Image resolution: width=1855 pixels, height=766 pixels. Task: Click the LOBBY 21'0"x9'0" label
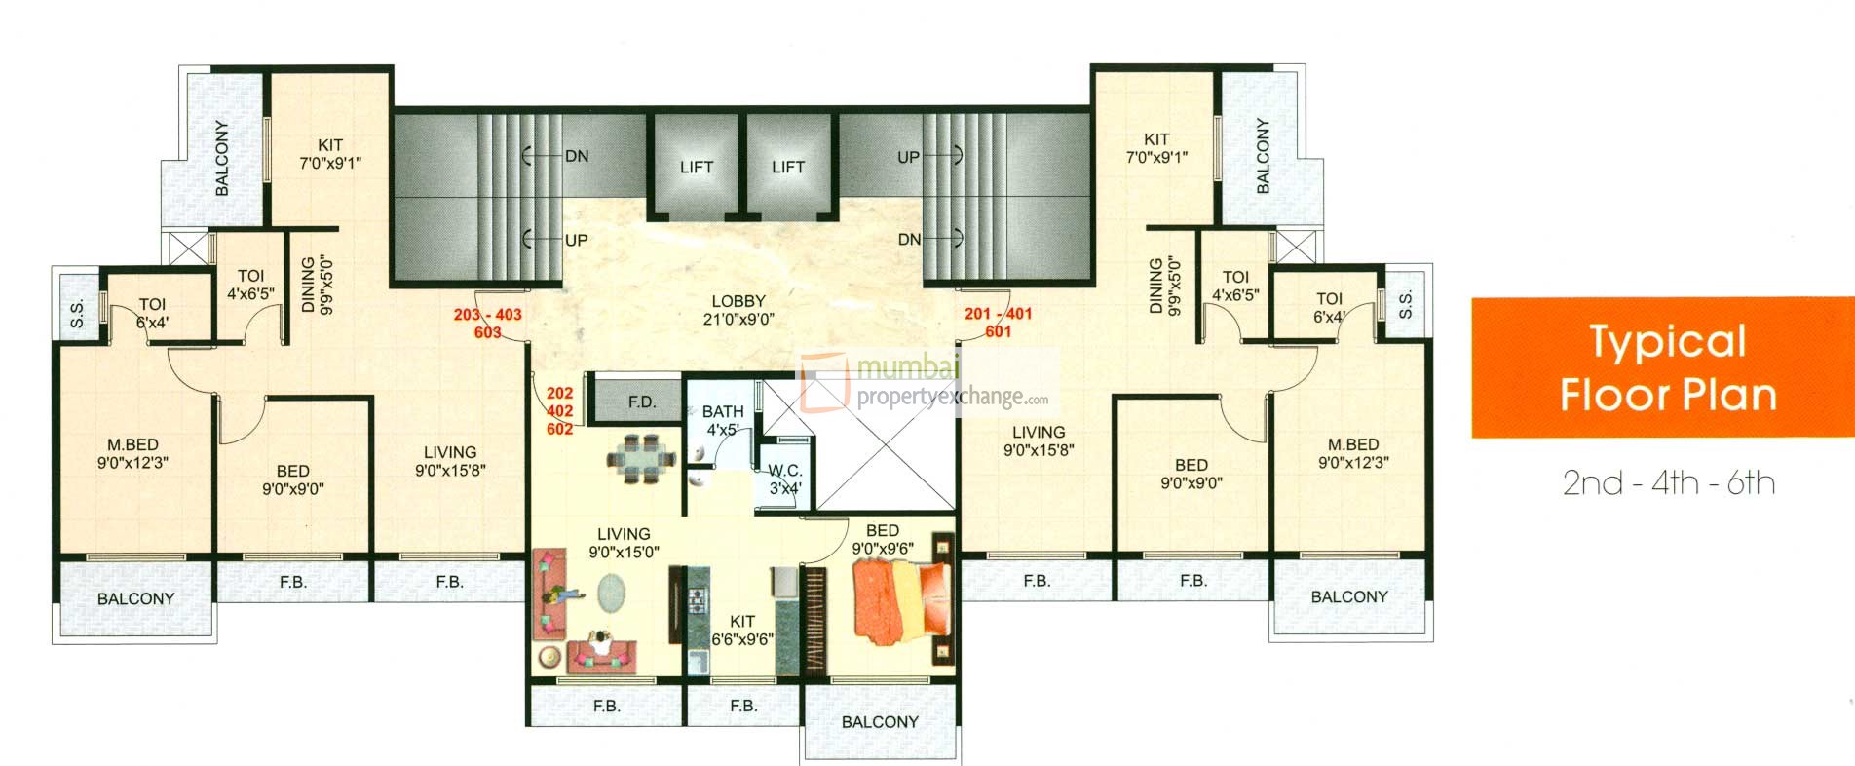[x=738, y=310]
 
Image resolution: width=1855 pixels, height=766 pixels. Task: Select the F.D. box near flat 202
[x=640, y=402]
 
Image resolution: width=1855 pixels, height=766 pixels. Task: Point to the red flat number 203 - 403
[x=487, y=315]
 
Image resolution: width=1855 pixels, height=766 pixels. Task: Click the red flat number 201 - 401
[x=998, y=314]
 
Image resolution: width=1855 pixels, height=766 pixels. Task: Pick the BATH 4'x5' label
[x=723, y=420]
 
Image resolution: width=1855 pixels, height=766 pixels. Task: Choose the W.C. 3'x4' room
[x=785, y=479]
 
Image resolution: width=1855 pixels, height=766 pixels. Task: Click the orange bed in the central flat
[x=898, y=599]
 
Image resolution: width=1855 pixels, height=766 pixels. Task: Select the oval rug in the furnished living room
[x=613, y=592]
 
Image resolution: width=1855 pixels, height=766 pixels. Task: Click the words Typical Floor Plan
[x=1667, y=368]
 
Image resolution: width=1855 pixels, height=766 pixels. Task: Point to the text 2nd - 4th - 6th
[x=1668, y=483]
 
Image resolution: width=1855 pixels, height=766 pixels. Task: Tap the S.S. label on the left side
[x=77, y=314]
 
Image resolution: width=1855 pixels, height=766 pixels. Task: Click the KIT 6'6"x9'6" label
[x=741, y=630]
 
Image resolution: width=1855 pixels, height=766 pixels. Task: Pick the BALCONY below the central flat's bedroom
[x=880, y=722]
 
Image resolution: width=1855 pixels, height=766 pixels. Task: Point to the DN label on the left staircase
[x=577, y=156]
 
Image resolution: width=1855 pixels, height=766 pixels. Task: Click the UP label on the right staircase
[x=908, y=157]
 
